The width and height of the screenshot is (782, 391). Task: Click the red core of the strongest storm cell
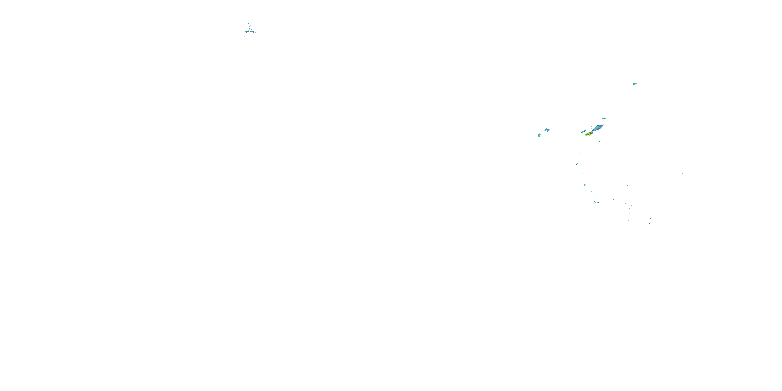(590, 133)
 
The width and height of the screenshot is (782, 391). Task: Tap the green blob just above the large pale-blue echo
(604, 119)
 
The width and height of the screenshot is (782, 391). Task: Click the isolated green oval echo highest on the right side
(634, 83)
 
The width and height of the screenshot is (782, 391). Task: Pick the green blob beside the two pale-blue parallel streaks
(539, 135)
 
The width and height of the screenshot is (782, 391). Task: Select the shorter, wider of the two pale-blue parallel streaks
(548, 130)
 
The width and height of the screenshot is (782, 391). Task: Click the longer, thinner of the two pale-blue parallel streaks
(546, 129)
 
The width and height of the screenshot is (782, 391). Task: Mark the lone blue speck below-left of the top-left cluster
(244, 37)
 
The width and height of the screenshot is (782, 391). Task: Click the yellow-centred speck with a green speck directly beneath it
(585, 185)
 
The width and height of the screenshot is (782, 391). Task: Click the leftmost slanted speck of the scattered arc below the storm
(577, 164)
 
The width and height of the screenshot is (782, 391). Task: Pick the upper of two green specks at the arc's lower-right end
(650, 218)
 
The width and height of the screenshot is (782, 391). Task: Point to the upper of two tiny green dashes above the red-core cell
(591, 127)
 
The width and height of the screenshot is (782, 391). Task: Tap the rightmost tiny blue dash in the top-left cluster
(258, 32)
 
